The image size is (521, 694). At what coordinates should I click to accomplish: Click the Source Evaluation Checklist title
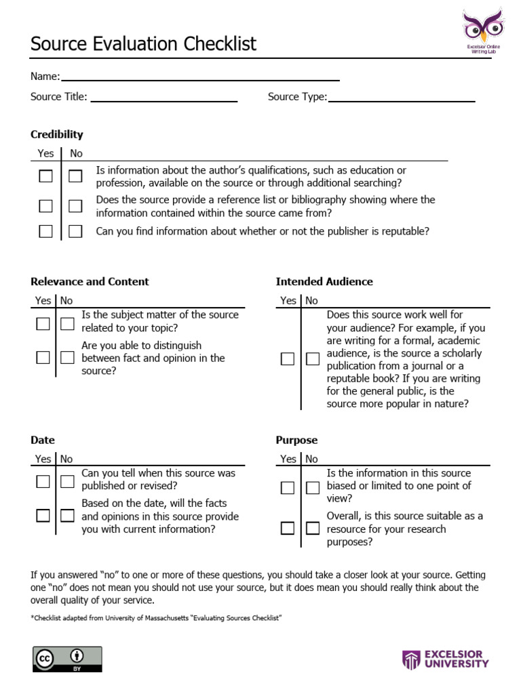(x=143, y=44)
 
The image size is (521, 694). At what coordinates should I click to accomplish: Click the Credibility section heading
(x=57, y=134)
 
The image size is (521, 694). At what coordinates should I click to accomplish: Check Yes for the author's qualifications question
(x=45, y=176)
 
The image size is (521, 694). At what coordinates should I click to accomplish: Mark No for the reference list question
(x=75, y=206)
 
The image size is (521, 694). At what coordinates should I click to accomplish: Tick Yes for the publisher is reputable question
(x=45, y=231)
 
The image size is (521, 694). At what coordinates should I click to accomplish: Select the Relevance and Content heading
(x=90, y=281)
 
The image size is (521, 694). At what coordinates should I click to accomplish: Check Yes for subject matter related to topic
(x=43, y=323)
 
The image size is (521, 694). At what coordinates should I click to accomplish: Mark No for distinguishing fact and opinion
(x=67, y=357)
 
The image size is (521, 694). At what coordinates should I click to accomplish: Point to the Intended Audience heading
(x=324, y=281)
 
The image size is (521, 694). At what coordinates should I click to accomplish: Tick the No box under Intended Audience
(x=312, y=359)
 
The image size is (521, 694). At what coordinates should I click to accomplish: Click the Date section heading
(x=43, y=440)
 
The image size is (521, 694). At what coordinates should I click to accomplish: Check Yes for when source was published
(x=43, y=481)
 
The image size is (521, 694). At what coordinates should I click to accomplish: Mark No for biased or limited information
(x=312, y=487)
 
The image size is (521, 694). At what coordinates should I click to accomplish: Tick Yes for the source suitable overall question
(x=288, y=528)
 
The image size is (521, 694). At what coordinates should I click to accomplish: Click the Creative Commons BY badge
(x=67, y=659)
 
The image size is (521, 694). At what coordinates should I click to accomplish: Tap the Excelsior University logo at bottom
(x=446, y=659)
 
